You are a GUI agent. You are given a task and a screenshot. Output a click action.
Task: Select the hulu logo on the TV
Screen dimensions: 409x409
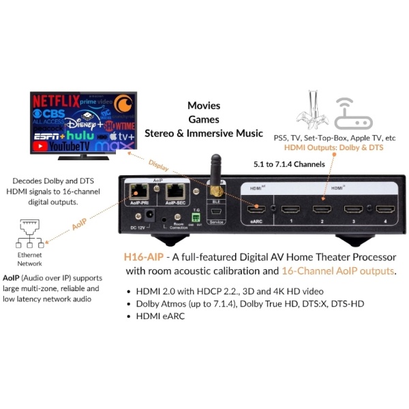pos(80,135)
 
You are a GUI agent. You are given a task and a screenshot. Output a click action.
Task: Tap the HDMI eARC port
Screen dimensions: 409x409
pos(258,208)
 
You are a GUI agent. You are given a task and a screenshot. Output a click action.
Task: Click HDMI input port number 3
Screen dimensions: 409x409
pos(353,208)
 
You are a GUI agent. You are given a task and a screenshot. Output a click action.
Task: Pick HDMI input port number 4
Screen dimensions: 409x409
pos(383,208)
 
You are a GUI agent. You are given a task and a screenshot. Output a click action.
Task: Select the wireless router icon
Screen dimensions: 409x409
pos(355,112)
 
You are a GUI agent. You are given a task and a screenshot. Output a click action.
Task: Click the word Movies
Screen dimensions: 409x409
pos(204,106)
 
